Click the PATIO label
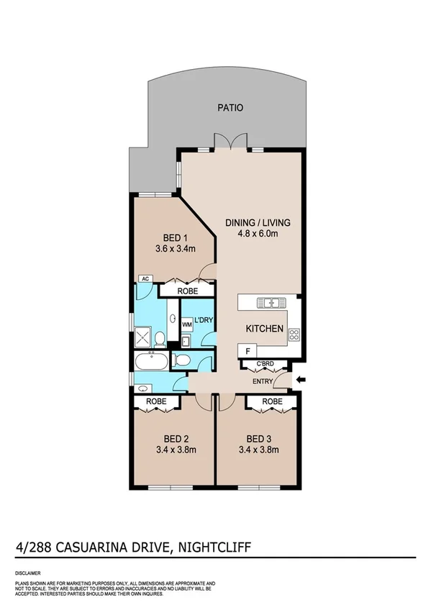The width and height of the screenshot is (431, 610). (x=230, y=108)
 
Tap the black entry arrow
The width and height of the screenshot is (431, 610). (x=301, y=380)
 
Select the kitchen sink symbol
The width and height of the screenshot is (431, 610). (x=271, y=303)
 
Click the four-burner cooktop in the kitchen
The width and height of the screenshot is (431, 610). (x=294, y=334)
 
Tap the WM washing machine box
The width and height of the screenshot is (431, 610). (x=186, y=324)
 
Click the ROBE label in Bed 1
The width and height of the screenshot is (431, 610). (x=186, y=291)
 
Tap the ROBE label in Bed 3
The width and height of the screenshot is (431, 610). (x=271, y=401)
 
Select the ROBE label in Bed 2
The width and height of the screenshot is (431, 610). (x=156, y=401)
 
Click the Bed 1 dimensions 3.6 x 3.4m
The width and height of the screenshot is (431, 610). (x=171, y=250)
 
